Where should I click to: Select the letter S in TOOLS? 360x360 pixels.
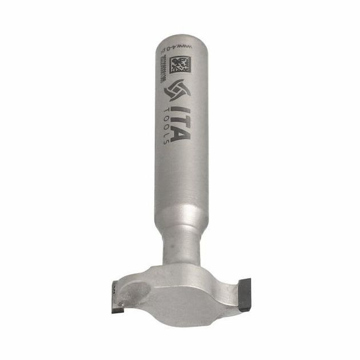166,141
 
